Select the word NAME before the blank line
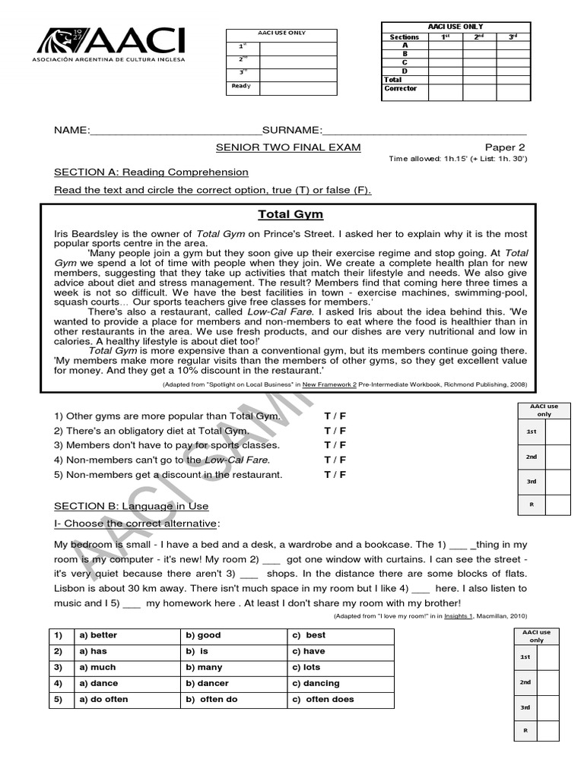[71, 130]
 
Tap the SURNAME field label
[292, 130]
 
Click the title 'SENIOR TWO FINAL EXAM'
[288, 147]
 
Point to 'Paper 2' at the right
[505, 147]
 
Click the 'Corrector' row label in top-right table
[401, 89]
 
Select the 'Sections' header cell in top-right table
[404, 36]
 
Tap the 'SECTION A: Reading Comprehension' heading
[151, 172]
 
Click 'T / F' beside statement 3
[335, 445]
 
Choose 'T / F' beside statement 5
[335, 474]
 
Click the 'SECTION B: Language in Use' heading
[131, 506]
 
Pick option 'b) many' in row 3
[204, 667]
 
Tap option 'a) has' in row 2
[94, 651]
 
